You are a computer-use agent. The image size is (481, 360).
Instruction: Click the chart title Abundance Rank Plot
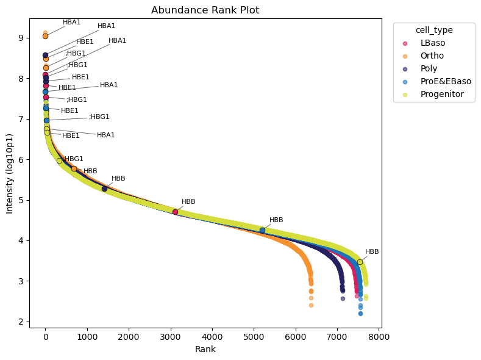click(x=205, y=10)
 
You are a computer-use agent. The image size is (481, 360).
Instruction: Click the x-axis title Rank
click(x=205, y=349)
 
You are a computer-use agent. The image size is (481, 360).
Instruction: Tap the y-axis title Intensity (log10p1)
click(x=10, y=173)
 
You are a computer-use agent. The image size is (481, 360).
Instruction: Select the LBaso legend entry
click(x=433, y=43)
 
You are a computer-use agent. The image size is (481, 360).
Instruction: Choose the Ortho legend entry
click(x=432, y=56)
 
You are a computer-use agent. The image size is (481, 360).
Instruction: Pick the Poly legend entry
click(x=429, y=68)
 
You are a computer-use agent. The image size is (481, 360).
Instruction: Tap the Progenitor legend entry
click(x=442, y=94)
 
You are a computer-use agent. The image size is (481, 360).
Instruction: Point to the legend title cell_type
click(x=434, y=29)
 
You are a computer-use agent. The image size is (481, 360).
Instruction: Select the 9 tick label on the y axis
click(x=21, y=38)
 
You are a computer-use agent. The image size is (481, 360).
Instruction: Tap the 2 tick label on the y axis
click(x=21, y=322)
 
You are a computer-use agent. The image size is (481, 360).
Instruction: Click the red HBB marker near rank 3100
click(x=175, y=212)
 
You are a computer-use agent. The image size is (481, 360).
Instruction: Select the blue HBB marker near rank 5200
click(x=262, y=230)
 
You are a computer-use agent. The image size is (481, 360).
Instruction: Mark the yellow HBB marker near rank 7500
click(x=360, y=262)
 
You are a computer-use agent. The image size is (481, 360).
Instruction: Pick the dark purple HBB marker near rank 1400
click(x=104, y=189)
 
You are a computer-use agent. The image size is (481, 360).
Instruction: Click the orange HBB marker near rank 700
click(x=74, y=168)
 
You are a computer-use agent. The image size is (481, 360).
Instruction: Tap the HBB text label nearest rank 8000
click(x=372, y=251)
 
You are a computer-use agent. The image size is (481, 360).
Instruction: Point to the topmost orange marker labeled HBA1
click(x=45, y=36)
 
